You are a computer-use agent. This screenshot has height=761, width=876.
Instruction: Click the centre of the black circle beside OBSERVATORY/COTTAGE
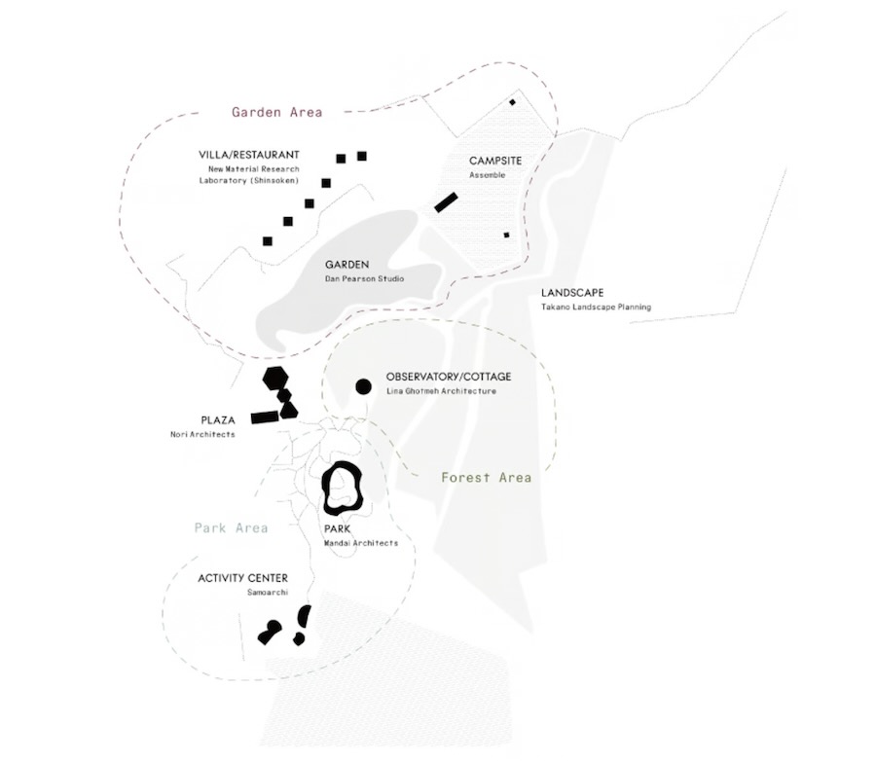[363, 386]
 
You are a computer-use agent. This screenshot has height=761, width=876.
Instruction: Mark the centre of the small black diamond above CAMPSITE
[512, 101]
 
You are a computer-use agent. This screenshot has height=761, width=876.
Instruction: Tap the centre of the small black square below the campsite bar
[507, 236]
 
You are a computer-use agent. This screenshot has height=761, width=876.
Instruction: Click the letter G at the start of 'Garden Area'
[237, 112]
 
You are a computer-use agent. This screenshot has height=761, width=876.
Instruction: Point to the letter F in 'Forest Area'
[446, 477]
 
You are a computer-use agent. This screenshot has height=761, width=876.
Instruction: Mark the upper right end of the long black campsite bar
[456, 197]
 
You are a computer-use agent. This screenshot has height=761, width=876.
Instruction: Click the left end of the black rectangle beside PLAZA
[252, 418]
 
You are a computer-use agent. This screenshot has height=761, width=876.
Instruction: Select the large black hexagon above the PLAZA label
[275, 378]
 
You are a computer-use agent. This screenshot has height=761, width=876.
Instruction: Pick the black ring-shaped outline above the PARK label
[343, 489]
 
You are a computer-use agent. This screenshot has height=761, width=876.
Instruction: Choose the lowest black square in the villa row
[268, 241]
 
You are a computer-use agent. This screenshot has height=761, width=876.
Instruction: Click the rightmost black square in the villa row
[362, 156]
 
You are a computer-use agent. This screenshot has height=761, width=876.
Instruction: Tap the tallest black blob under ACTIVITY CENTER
[304, 616]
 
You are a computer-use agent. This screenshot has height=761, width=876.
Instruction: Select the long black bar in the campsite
[446, 202]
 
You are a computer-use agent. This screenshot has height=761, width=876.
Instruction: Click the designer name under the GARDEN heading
[364, 279]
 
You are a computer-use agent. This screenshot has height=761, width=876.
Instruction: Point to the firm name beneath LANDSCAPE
[596, 307]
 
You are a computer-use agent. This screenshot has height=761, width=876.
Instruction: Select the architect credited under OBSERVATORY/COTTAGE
[441, 391]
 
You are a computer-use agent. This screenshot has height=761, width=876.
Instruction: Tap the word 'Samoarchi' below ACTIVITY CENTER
[268, 593]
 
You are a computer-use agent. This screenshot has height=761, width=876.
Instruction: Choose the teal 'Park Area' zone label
[232, 528]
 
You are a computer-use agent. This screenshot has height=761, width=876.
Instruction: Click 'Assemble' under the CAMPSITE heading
[488, 175]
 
